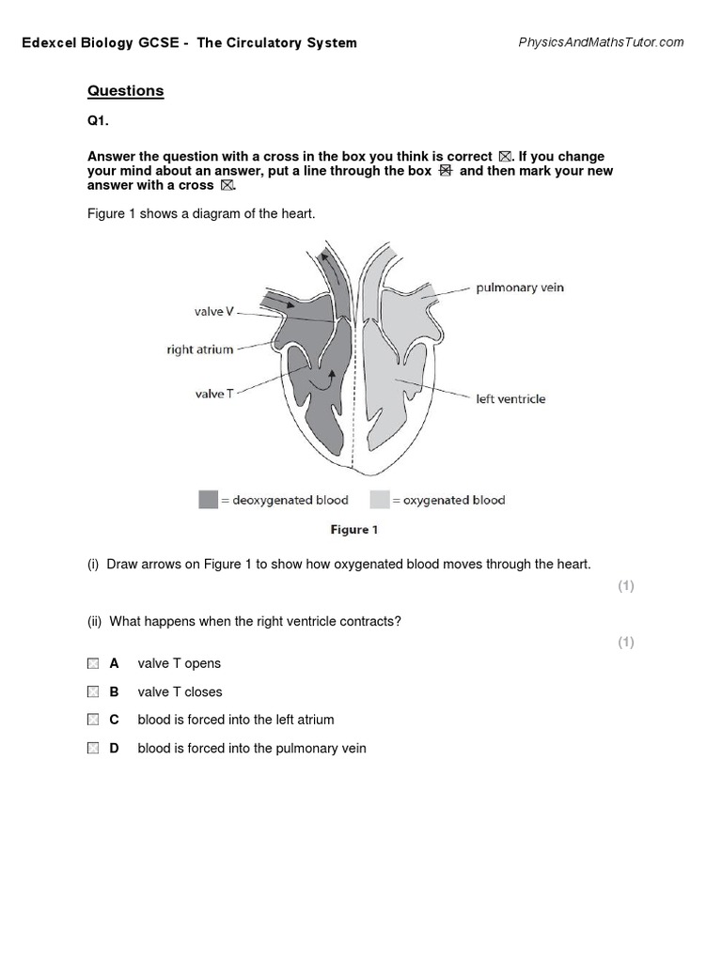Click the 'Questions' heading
point(125,91)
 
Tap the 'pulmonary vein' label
point(520,287)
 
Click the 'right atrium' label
point(199,349)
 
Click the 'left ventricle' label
point(510,398)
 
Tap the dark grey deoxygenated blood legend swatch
point(208,500)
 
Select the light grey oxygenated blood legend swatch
point(379,500)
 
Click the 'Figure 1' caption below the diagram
point(353,530)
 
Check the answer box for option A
point(92,663)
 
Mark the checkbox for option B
point(92,691)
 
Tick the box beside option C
point(92,720)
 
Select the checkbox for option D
point(92,748)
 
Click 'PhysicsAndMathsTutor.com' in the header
point(601,42)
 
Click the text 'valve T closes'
point(180,691)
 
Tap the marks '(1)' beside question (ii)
point(626,642)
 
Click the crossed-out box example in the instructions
point(446,171)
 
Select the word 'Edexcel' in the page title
point(49,42)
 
